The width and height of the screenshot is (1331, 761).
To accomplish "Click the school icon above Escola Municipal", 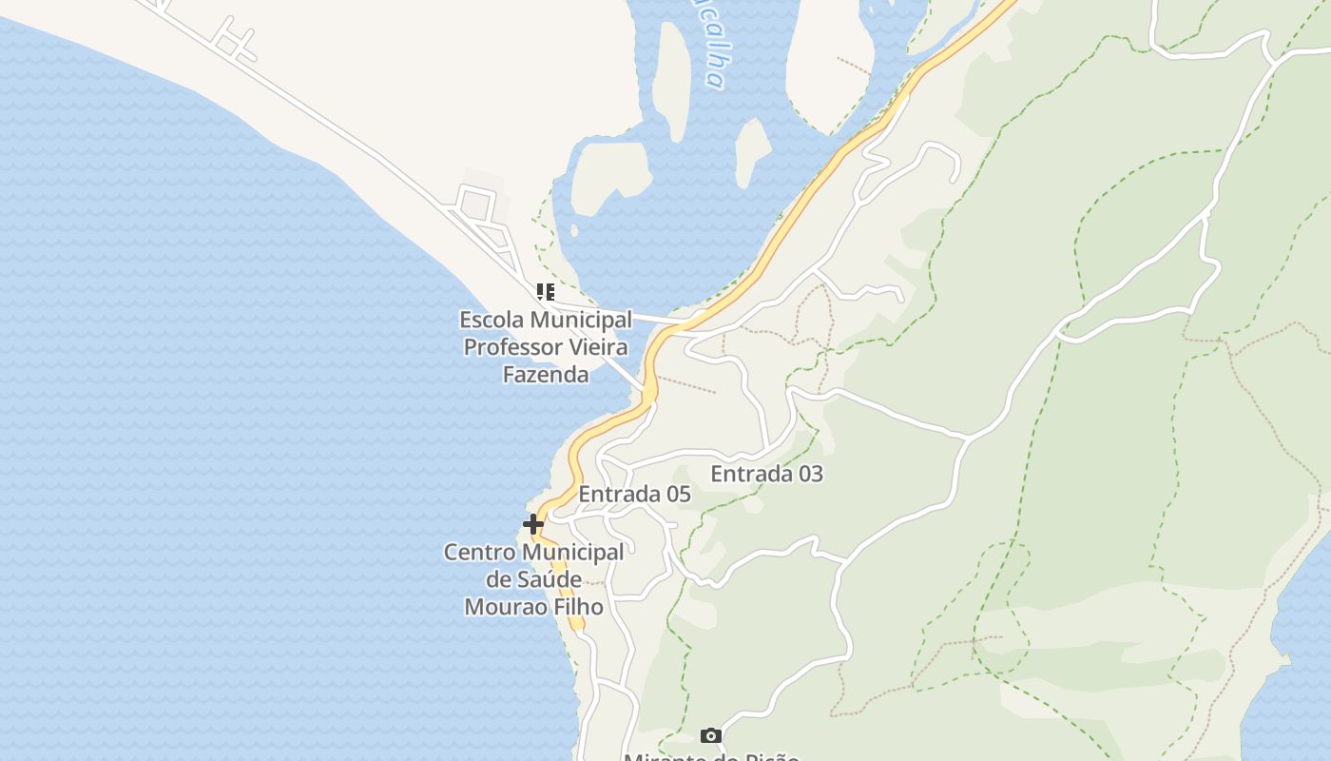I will click(x=545, y=292).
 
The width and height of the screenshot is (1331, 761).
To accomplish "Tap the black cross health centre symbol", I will click(x=533, y=523).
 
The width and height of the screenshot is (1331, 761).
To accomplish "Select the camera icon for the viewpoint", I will click(x=710, y=735).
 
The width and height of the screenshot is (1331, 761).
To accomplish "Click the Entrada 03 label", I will click(x=766, y=474).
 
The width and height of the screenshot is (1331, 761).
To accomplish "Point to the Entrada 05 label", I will click(x=634, y=495).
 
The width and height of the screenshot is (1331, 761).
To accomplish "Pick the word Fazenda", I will click(x=546, y=375).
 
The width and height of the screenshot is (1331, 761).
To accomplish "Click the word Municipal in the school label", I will click(x=582, y=320).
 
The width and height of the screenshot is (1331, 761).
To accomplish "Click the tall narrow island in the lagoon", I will click(x=673, y=81).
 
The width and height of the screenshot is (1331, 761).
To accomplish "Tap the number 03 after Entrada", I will click(x=810, y=474).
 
